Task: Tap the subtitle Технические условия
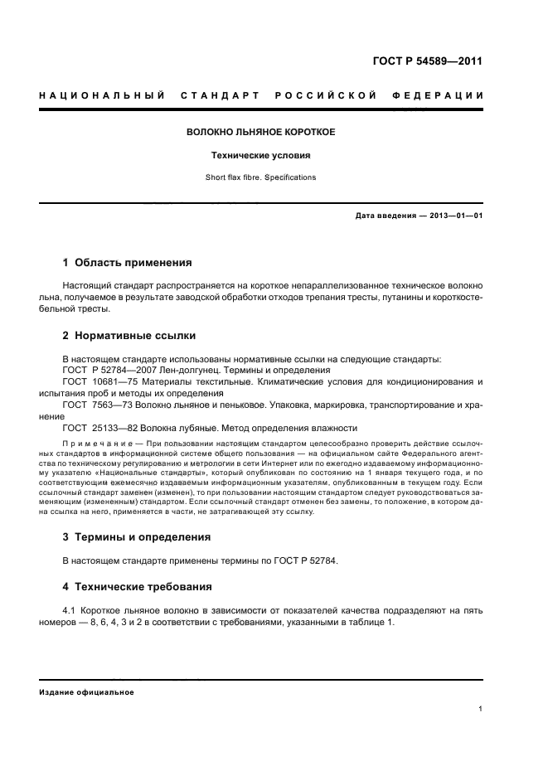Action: click(260, 155)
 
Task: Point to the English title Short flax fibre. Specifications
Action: click(260, 177)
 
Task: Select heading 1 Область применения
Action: click(127, 263)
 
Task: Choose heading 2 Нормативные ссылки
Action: click(129, 337)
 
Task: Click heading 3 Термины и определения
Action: click(137, 536)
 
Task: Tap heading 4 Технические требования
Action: click(137, 587)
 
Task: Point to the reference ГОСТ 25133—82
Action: click(97, 428)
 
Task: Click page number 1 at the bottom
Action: click(481, 709)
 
